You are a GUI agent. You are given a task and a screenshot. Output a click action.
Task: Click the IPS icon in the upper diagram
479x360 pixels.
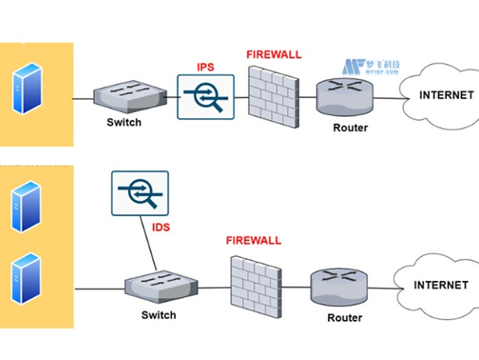click(x=204, y=97)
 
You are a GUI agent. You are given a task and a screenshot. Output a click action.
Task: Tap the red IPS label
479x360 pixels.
click(x=204, y=67)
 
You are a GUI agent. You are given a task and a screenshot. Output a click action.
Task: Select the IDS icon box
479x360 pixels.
click(x=140, y=192)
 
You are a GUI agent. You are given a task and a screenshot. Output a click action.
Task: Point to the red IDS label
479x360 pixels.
click(x=160, y=227)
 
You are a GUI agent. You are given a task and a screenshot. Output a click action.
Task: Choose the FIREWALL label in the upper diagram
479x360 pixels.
click(x=274, y=54)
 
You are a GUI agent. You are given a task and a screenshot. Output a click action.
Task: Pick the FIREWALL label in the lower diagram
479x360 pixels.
click(x=253, y=241)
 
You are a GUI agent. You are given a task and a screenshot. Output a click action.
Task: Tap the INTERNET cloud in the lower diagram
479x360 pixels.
click(x=438, y=286)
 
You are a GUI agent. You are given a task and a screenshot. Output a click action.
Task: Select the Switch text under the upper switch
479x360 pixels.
click(x=124, y=123)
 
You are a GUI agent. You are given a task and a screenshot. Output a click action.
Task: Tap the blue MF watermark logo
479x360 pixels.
click(x=352, y=67)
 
